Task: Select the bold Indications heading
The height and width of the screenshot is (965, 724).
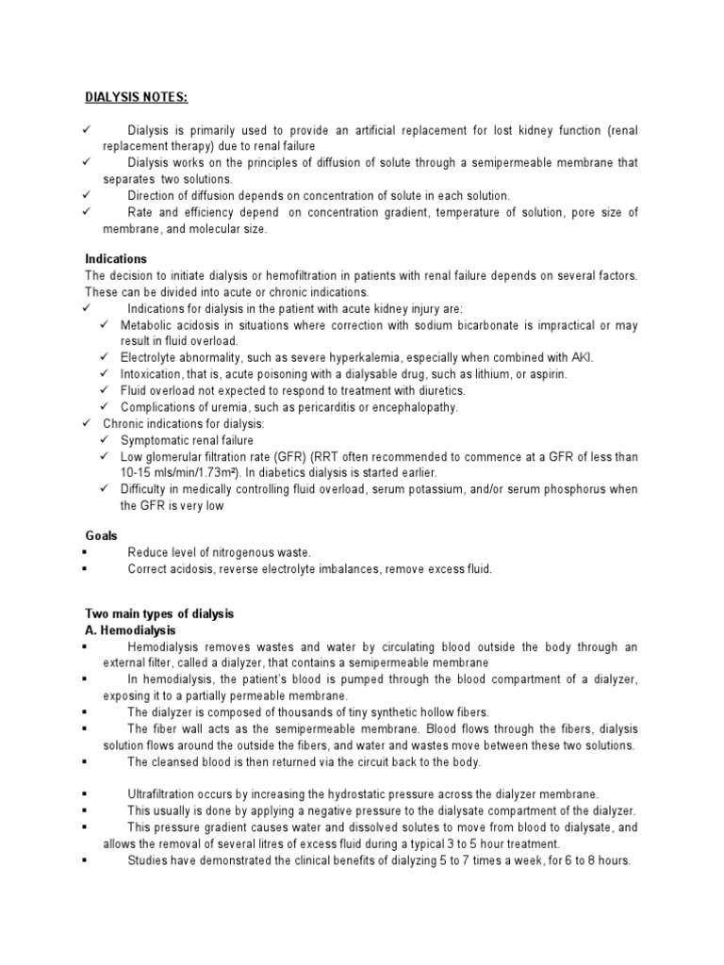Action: pyautogui.click(x=115, y=258)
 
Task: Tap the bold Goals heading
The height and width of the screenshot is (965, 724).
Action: pyautogui.click(x=101, y=534)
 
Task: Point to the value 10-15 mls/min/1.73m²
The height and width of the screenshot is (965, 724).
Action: pyautogui.click(x=170, y=472)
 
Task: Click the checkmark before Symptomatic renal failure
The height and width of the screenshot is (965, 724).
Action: pyautogui.click(x=107, y=440)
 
